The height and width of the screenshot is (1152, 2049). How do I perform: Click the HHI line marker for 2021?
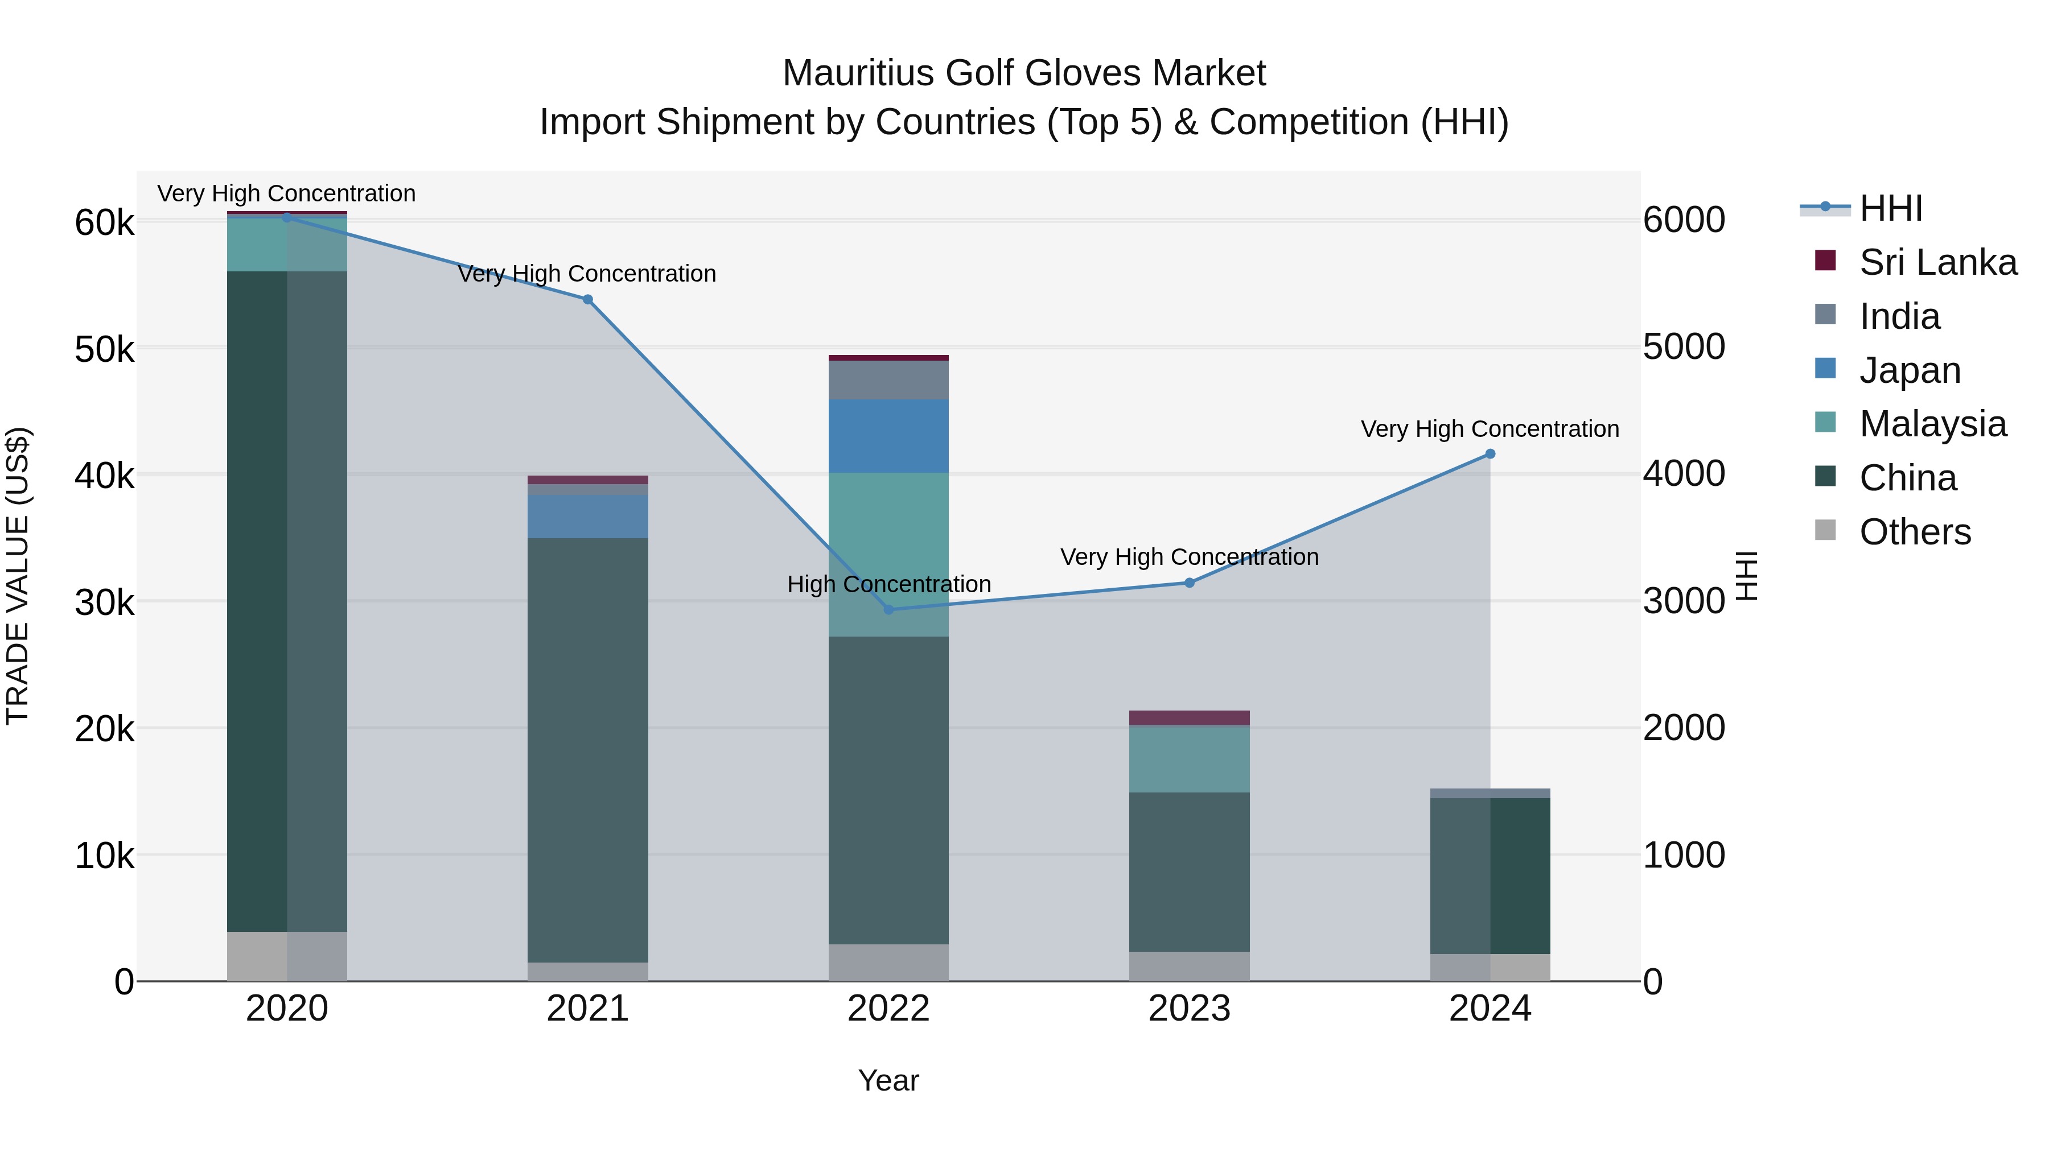pyautogui.click(x=588, y=300)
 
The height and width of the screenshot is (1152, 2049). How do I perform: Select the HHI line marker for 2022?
pyautogui.click(x=889, y=610)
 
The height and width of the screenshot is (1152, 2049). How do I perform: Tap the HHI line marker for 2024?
pyautogui.click(x=1491, y=454)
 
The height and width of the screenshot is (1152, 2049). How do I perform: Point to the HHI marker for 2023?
pyautogui.click(x=1190, y=583)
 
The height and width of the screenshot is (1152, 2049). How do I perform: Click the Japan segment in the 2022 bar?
pyautogui.click(x=888, y=436)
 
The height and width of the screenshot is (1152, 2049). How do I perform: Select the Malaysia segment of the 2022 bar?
pyautogui.click(x=888, y=554)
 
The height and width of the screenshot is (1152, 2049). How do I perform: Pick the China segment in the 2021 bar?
pyautogui.click(x=588, y=750)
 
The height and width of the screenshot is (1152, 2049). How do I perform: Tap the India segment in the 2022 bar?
pyautogui.click(x=888, y=380)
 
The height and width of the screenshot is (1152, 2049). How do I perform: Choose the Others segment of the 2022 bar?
pyautogui.click(x=888, y=963)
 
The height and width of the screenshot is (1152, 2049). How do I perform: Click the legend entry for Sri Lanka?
pyautogui.click(x=1937, y=262)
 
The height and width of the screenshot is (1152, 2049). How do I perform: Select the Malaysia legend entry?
pyautogui.click(x=1932, y=424)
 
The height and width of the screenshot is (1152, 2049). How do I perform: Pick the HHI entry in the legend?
pyautogui.click(x=1891, y=208)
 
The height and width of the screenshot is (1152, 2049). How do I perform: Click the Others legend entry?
pyautogui.click(x=1915, y=532)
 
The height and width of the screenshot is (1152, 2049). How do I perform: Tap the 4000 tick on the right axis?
pyautogui.click(x=1684, y=474)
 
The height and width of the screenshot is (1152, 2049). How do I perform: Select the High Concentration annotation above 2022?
pyautogui.click(x=888, y=584)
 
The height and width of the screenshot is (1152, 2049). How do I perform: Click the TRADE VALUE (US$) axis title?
pyautogui.click(x=18, y=576)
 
